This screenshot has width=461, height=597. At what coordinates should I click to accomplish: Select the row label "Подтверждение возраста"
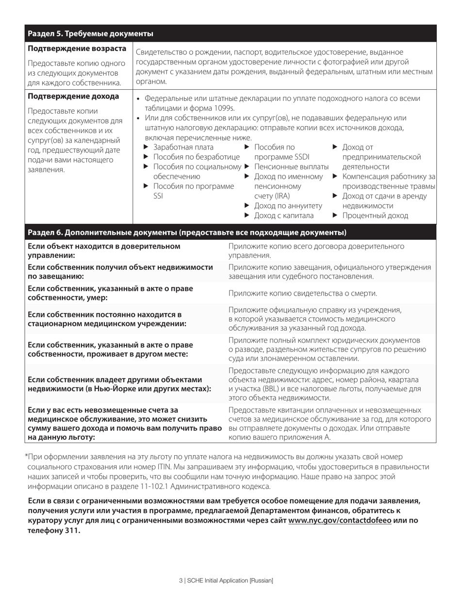(x=77, y=49)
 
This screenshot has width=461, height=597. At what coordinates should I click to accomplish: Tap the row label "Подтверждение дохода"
(x=73, y=96)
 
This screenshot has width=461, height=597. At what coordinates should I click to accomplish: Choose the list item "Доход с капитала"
(x=284, y=216)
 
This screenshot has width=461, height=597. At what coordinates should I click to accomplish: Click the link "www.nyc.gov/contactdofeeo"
(x=340, y=520)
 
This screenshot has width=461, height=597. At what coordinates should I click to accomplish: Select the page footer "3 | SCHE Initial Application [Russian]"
(x=226, y=580)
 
